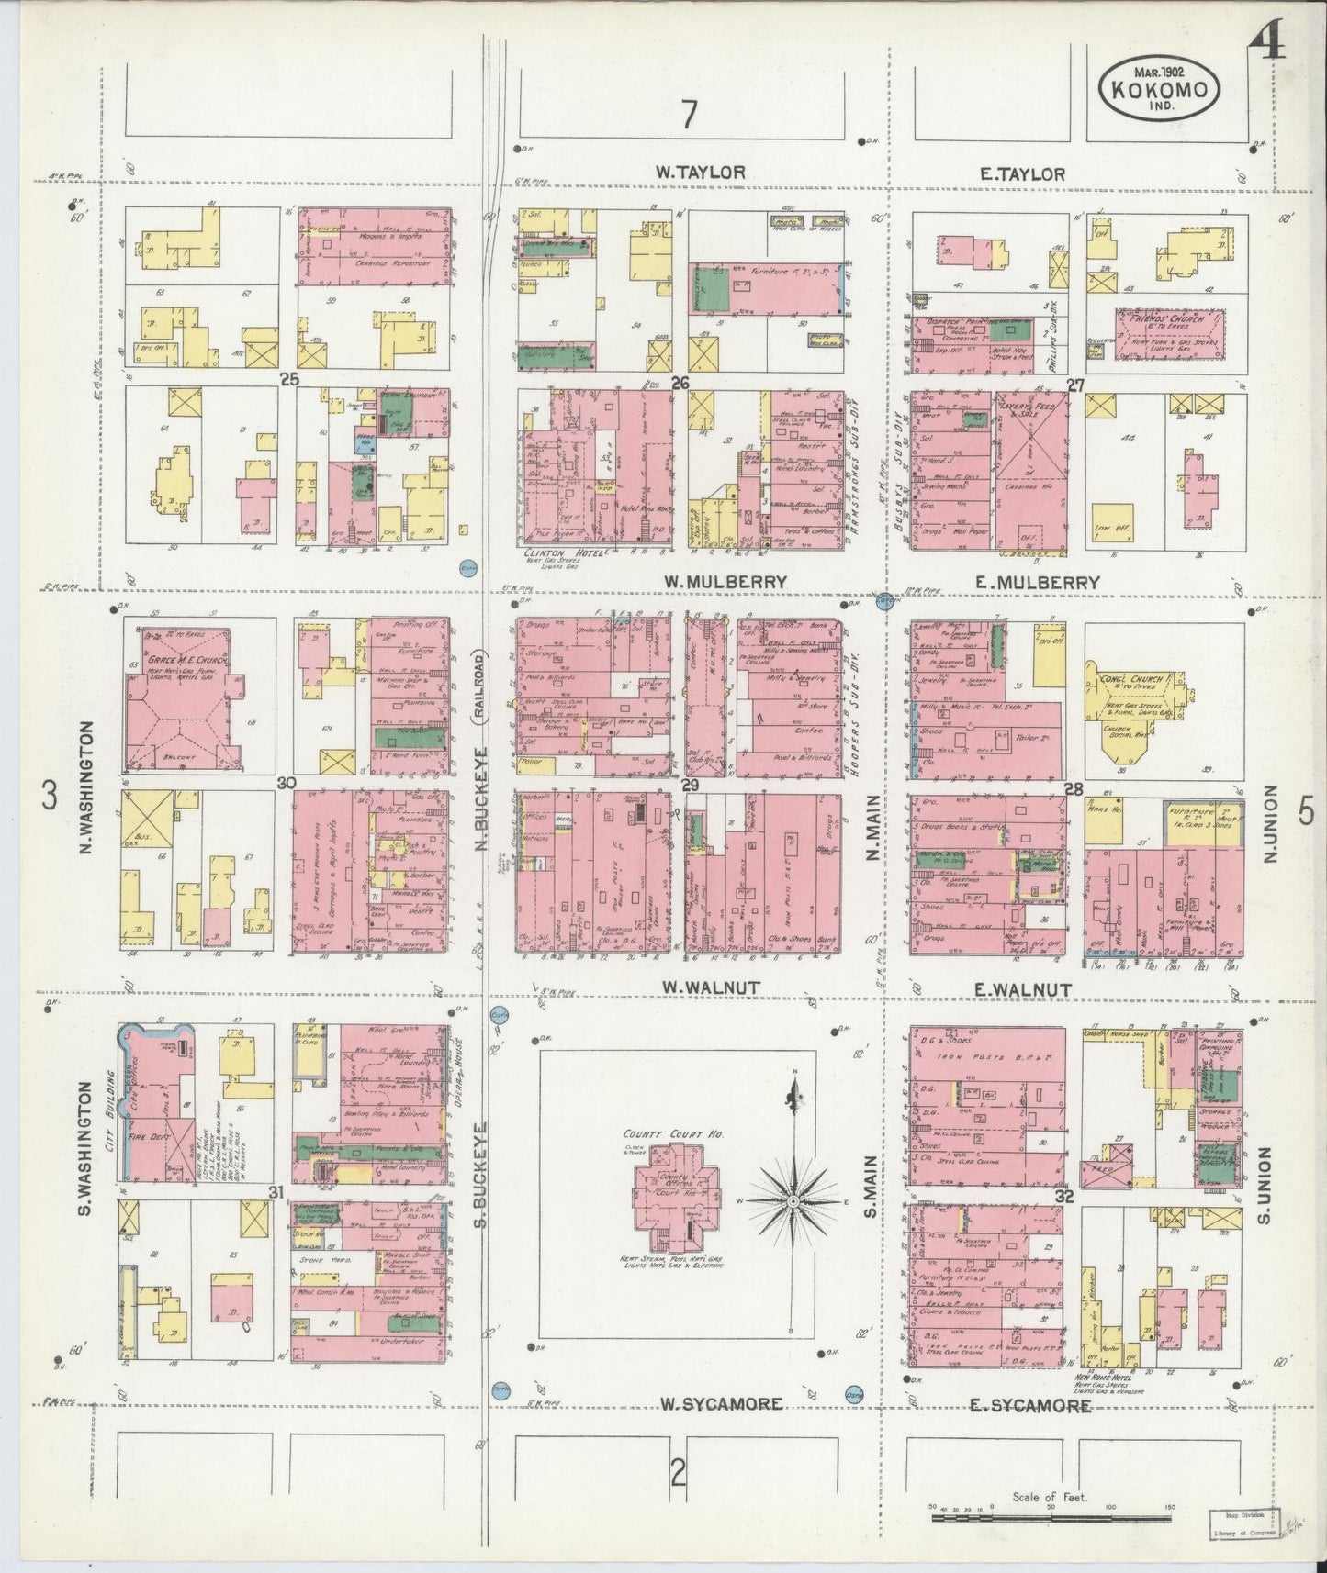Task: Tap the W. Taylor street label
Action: pos(700,172)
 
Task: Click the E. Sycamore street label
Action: pos(1030,1404)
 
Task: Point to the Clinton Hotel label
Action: pos(556,553)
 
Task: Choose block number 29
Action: pos(692,785)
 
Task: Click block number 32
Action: pos(1064,1197)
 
